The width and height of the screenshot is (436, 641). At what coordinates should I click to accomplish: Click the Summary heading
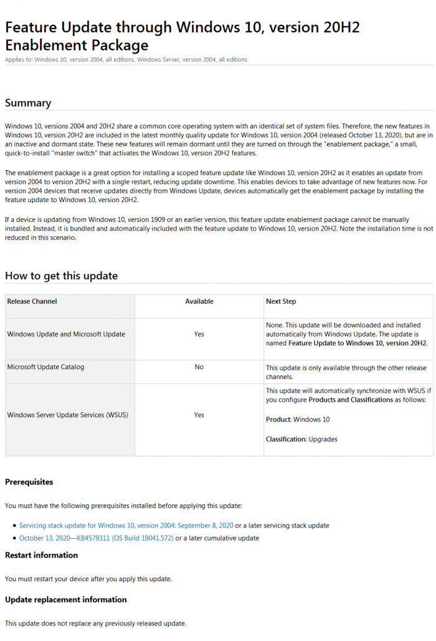(28, 103)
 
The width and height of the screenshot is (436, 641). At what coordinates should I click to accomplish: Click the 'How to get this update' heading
(61, 276)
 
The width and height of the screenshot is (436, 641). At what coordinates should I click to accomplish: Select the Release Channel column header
(32, 301)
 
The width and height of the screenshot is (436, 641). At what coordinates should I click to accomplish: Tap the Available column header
(199, 301)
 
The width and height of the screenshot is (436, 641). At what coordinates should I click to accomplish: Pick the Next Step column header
(281, 301)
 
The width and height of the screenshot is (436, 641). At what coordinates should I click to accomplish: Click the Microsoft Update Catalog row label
(45, 367)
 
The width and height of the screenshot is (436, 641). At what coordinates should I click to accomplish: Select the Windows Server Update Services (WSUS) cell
(67, 415)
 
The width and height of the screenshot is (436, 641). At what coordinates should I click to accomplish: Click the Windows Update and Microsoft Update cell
(66, 334)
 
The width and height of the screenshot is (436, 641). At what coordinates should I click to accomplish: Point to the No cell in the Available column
(199, 367)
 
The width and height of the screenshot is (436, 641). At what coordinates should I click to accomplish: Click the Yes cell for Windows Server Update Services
(199, 415)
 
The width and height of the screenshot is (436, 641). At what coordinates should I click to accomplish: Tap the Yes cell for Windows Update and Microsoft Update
(199, 334)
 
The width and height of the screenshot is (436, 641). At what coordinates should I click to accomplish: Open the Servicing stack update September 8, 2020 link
(126, 526)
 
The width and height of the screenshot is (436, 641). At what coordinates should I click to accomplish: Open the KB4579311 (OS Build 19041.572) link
(96, 538)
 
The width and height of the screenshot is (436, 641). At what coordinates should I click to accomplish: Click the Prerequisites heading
(29, 482)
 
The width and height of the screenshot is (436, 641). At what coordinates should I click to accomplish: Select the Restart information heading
(41, 555)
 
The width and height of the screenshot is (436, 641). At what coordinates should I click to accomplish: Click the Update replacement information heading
(65, 599)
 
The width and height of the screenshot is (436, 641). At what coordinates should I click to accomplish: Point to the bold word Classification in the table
(286, 439)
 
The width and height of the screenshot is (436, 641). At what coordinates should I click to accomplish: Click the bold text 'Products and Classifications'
(350, 400)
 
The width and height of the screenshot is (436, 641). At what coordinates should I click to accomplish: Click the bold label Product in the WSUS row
(278, 420)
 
